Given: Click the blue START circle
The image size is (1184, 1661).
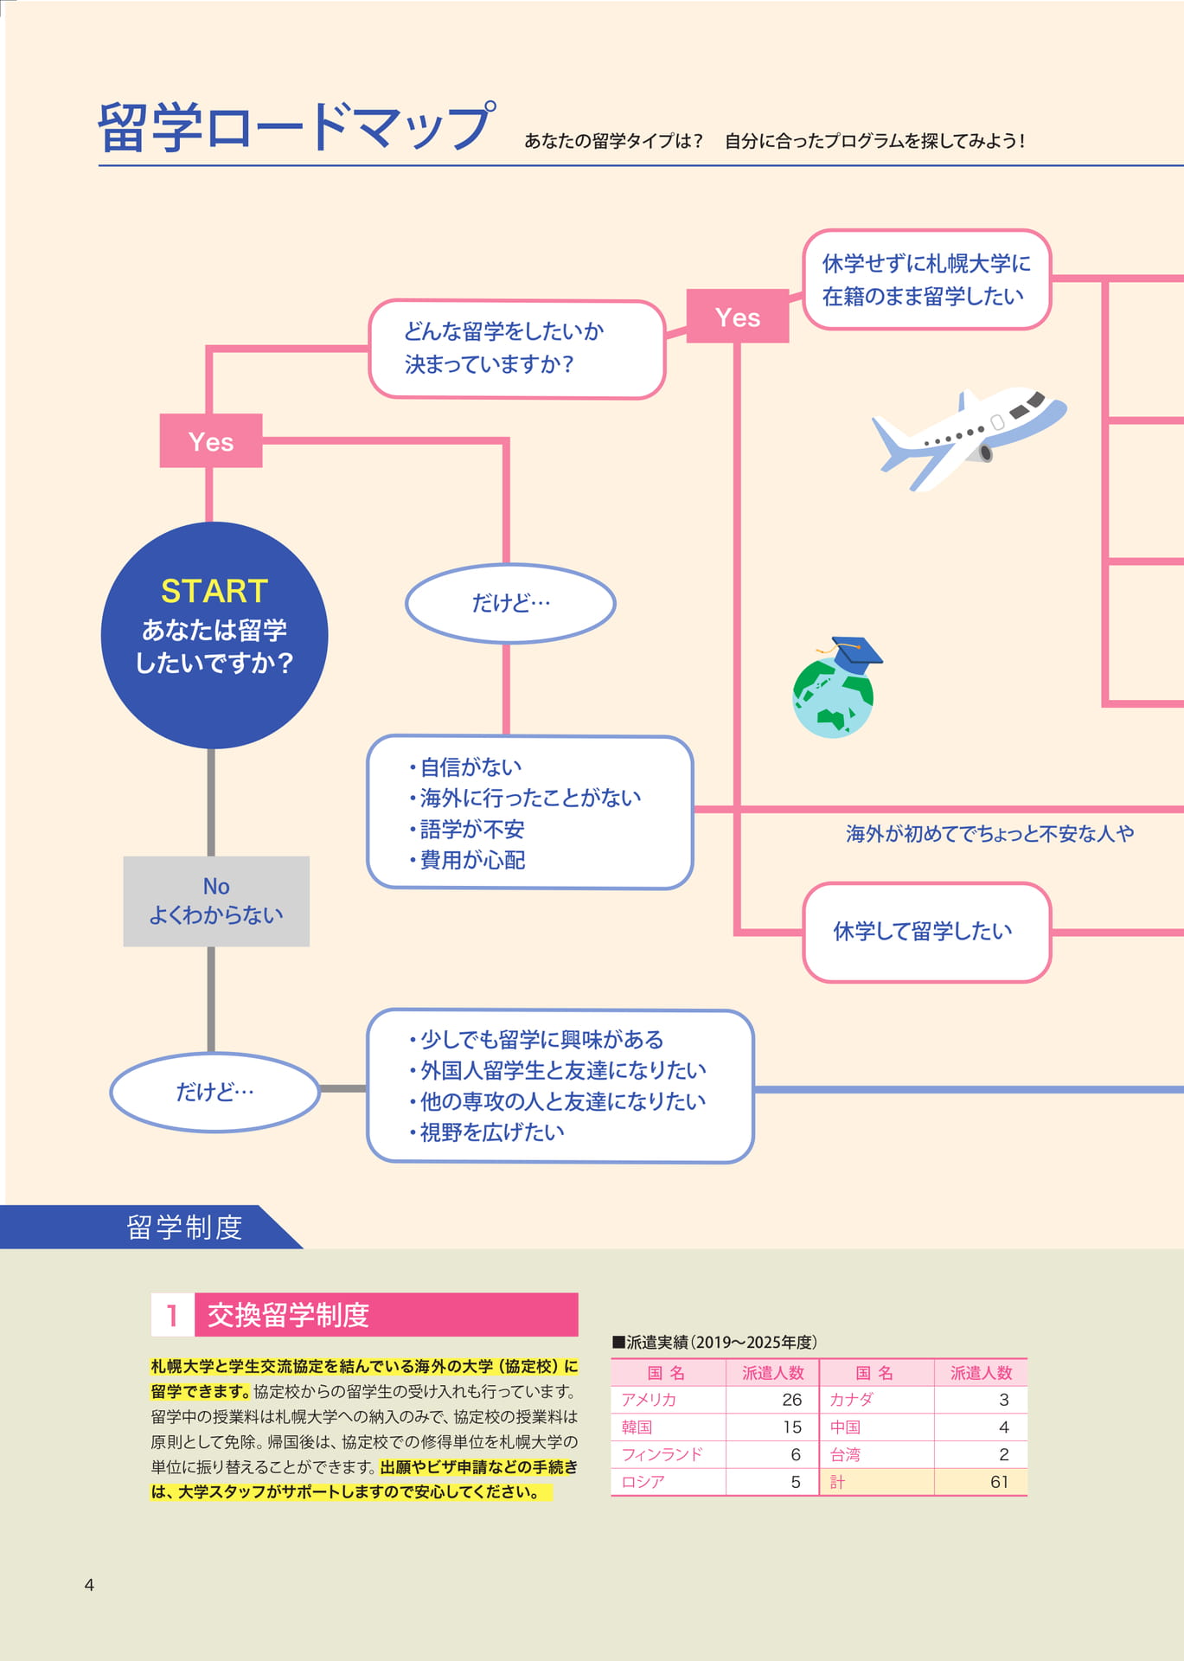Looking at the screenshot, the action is click(214, 635).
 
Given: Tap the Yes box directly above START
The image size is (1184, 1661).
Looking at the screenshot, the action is click(211, 440).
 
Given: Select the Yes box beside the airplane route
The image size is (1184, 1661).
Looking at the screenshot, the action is click(738, 316).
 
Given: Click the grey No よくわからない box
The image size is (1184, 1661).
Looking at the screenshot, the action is click(216, 901).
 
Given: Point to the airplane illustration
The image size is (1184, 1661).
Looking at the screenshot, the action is click(969, 438).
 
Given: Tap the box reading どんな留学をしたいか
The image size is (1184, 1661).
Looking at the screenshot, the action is click(517, 349).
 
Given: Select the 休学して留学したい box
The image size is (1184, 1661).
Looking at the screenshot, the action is click(927, 932).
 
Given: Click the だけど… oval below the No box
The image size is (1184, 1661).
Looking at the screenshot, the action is click(215, 1092).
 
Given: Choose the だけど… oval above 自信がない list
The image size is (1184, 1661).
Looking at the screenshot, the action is click(510, 603).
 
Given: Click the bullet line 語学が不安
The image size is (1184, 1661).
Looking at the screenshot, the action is click(467, 829).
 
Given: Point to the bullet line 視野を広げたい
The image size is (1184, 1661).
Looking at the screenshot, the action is click(487, 1132).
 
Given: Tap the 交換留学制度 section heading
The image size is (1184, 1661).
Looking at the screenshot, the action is click(288, 1315).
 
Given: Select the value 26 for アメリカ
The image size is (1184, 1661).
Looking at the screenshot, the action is click(791, 1400).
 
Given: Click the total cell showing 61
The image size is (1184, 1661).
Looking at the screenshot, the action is click(999, 1482).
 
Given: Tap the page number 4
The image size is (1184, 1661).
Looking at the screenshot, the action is click(89, 1585).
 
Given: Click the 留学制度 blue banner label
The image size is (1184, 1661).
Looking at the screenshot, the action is click(184, 1227).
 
